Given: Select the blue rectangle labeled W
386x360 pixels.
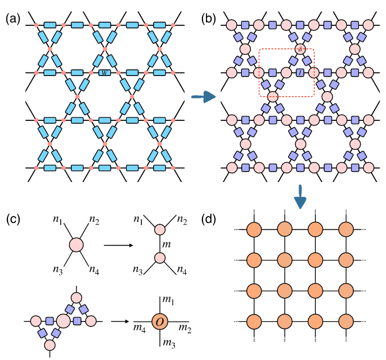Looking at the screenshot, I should [104, 73].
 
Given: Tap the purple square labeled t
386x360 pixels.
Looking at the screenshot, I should [300, 73].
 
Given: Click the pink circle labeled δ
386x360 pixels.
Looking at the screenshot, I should [300, 50].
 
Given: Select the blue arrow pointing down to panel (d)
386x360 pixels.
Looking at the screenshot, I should [299, 197].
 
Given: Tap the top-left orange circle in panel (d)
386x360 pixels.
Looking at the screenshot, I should [255, 228].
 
